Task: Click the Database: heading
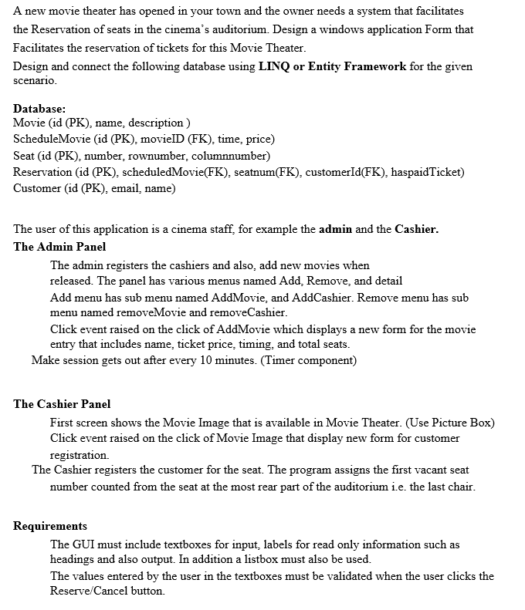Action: (x=39, y=109)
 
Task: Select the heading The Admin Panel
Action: (x=59, y=247)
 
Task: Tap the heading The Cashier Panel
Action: (x=62, y=403)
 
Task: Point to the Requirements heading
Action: (x=50, y=526)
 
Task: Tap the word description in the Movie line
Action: (x=156, y=123)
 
